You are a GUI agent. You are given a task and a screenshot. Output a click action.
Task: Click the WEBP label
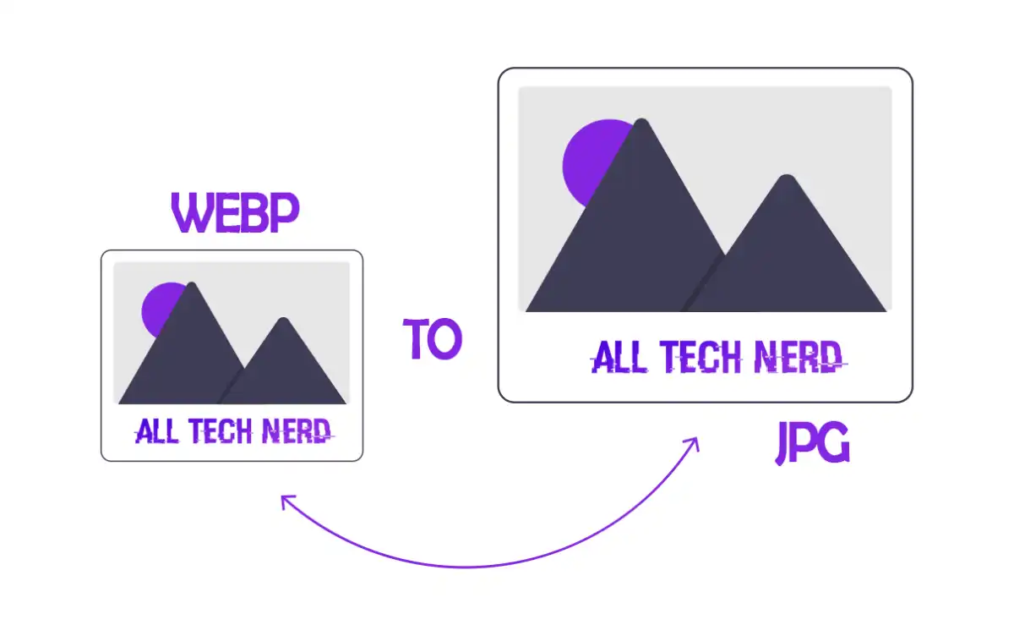(x=236, y=212)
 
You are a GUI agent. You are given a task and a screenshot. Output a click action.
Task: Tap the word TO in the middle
(x=433, y=338)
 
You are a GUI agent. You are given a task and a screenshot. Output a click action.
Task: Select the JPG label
(x=813, y=442)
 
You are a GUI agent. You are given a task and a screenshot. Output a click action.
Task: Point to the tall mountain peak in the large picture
(x=642, y=121)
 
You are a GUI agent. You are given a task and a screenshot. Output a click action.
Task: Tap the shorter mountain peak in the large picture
(x=788, y=177)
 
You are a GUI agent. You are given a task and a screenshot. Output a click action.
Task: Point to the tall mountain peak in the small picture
(x=192, y=284)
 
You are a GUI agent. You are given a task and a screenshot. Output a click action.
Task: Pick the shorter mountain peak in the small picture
(x=283, y=320)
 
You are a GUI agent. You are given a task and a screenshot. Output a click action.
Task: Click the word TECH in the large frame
(x=701, y=357)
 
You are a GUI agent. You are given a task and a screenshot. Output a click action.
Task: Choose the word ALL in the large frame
(x=619, y=357)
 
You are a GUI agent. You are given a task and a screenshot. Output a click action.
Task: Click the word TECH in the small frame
(x=221, y=431)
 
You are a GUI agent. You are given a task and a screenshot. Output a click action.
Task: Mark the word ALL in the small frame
(x=156, y=431)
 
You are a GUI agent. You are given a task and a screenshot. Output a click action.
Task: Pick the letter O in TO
(x=445, y=340)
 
